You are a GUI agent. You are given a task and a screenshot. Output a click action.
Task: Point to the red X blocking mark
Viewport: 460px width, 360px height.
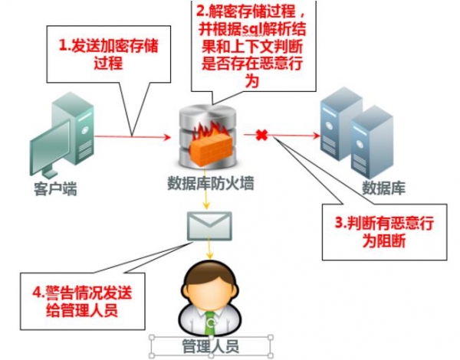(261, 136)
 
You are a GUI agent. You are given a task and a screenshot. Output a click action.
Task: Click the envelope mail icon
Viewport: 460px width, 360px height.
(207, 225)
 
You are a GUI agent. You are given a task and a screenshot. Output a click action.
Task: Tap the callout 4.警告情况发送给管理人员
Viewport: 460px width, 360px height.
(85, 300)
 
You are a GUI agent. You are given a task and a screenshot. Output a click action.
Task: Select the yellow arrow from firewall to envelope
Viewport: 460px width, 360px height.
(207, 198)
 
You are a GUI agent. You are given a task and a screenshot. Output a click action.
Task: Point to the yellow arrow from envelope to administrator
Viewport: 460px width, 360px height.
(207, 249)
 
